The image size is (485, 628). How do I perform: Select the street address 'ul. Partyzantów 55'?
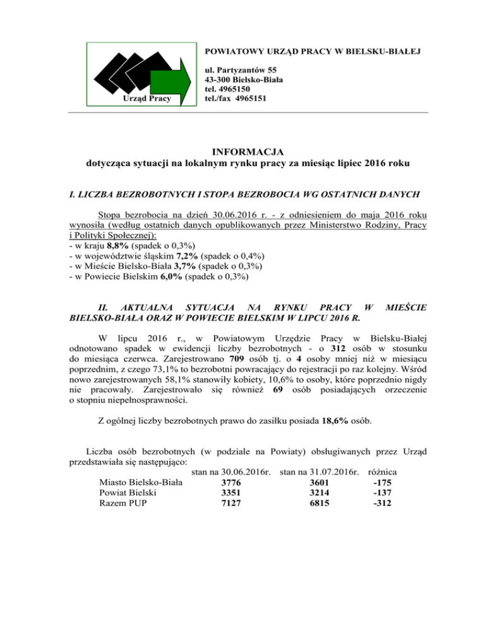point(241,69)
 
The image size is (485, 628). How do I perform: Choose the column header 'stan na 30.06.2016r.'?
point(231,471)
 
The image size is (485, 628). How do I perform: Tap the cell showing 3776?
point(225,483)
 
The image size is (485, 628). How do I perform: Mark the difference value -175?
point(386,483)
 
